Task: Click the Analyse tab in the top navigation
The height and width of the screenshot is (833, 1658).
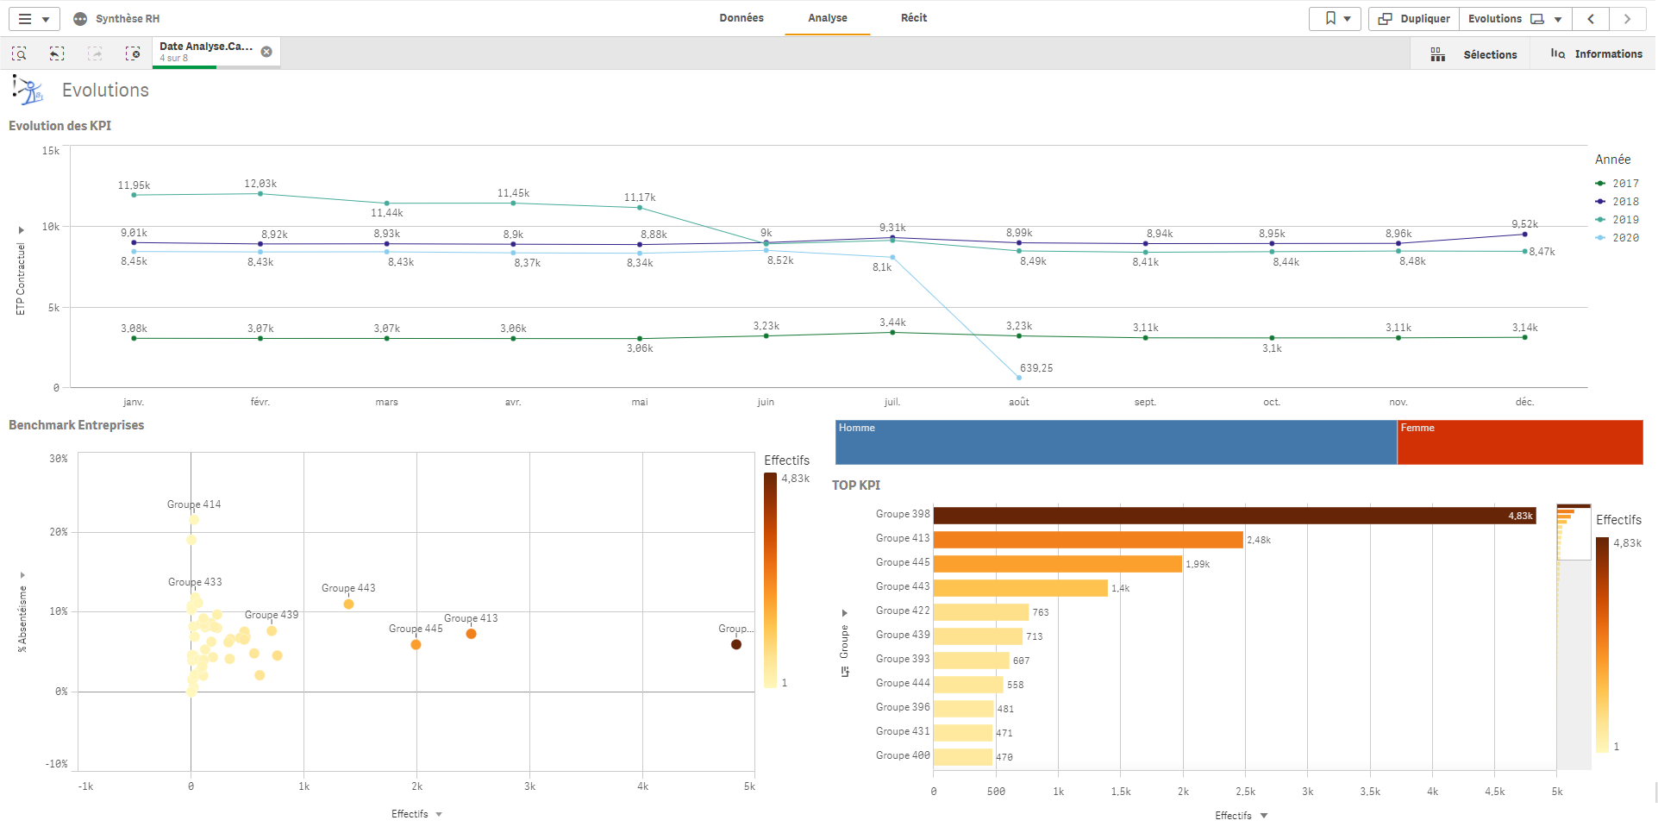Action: click(827, 18)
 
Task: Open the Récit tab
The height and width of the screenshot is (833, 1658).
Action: click(913, 18)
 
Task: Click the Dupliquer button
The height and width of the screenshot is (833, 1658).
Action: click(1414, 19)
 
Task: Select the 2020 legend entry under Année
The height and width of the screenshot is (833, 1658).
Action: click(1624, 238)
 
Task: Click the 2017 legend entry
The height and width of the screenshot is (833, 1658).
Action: click(1624, 184)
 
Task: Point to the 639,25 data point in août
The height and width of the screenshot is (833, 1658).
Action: click(1019, 378)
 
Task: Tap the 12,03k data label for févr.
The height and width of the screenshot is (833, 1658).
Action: click(260, 184)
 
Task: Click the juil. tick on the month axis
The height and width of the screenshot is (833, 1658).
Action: click(892, 402)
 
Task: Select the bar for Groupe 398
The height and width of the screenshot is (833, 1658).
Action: click(1234, 516)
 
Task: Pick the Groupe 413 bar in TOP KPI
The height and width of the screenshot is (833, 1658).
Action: click(1087, 540)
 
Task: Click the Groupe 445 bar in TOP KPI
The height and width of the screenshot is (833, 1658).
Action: click(1057, 564)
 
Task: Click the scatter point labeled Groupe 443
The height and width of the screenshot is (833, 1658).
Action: click(348, 604)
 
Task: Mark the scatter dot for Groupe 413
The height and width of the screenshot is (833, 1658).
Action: click(471, 634)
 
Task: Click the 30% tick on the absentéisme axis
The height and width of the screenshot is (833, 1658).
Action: click(59, 459)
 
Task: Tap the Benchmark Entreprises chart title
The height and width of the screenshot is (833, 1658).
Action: click(77, 425)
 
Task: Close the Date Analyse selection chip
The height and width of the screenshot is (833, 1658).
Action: click(266, 52)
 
